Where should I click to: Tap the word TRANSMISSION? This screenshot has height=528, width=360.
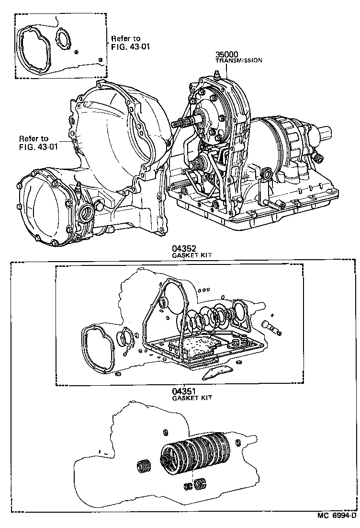238,61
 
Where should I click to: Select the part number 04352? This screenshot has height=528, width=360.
185,249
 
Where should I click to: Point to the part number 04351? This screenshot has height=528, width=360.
185,391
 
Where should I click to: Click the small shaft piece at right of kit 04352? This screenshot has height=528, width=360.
272,329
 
